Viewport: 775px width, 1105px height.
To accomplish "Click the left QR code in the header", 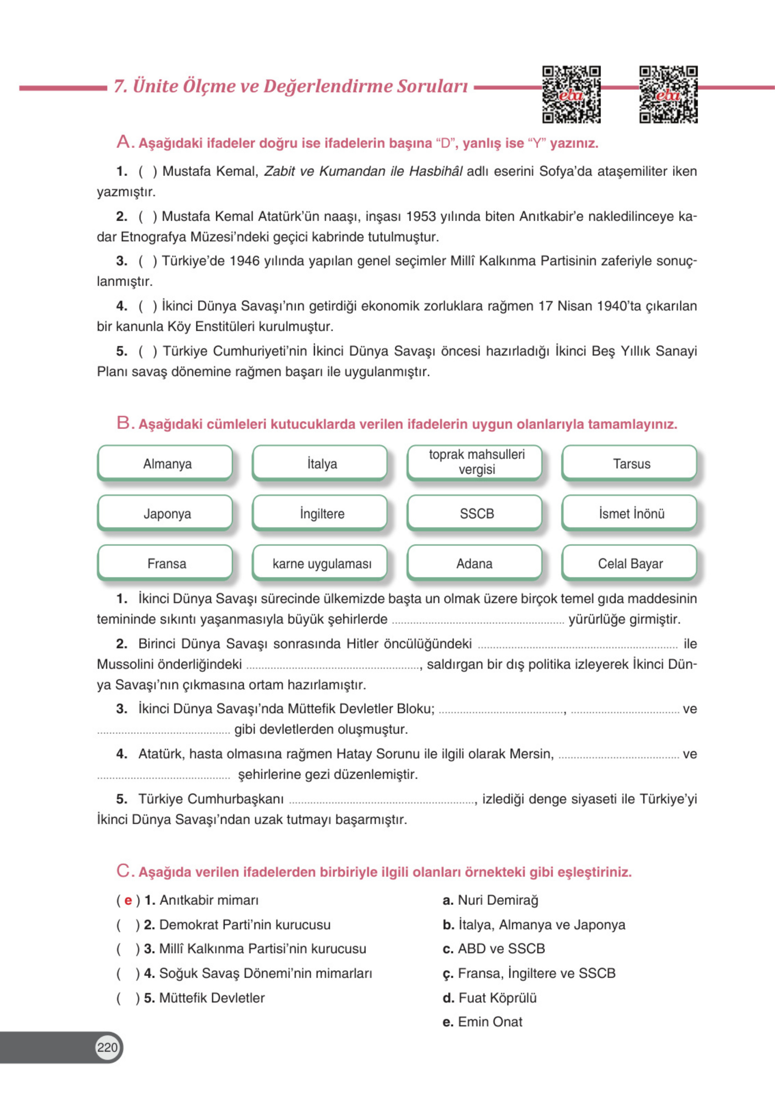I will click(x=571, y=94).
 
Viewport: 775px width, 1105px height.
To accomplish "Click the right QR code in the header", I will click(x=668, y=94).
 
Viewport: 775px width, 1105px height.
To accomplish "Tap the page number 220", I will click(x=107, y=1047).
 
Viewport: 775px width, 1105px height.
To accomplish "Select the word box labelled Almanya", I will click(x=167, y=464).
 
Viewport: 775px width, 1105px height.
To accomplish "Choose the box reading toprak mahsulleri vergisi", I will click(x=476, y=462).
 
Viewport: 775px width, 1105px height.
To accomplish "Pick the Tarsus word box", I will click(x=631, y=464).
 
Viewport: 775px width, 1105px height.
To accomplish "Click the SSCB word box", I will click(x=476, y=513).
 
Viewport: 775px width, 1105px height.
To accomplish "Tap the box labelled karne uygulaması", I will click(x=322, y=563).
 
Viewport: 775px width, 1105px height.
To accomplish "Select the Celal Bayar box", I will click(x=630, y=563).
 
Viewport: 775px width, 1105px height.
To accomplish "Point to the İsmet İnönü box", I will click(x=631, y=513).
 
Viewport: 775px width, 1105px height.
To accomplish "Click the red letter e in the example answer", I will click(x=128, y=900).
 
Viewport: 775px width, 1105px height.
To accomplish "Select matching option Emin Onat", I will click(x=489, y=1022).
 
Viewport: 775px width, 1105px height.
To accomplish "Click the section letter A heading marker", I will click(x=124, y=142).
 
